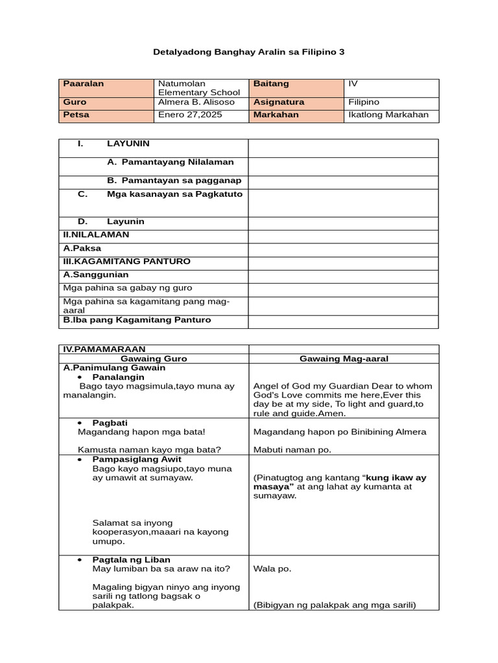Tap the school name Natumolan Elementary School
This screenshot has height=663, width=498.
(198, 89)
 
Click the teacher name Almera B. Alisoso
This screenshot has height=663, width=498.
(196, 102)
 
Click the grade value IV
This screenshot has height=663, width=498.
(353, 84)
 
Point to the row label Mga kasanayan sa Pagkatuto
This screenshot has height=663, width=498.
(174, 194)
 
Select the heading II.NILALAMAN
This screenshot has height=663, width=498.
(96, 234)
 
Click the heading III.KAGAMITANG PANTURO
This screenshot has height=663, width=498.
(126, 262)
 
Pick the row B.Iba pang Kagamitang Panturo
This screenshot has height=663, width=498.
(137, 320)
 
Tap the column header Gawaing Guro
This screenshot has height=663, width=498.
(154, 359)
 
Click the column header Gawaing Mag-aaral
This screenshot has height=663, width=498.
(344, 359)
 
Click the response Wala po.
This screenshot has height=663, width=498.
(272, 569)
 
